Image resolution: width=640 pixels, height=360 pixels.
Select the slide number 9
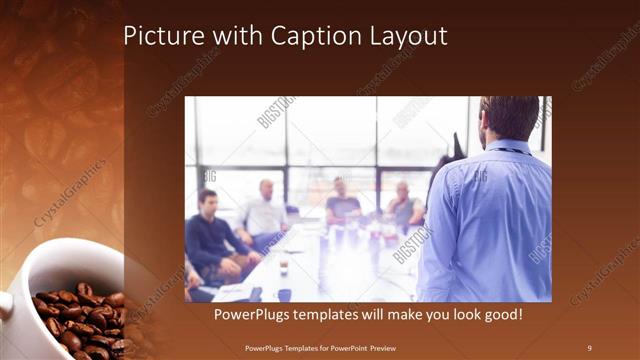point(589,347)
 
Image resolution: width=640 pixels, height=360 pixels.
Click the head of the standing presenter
point(510,117)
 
